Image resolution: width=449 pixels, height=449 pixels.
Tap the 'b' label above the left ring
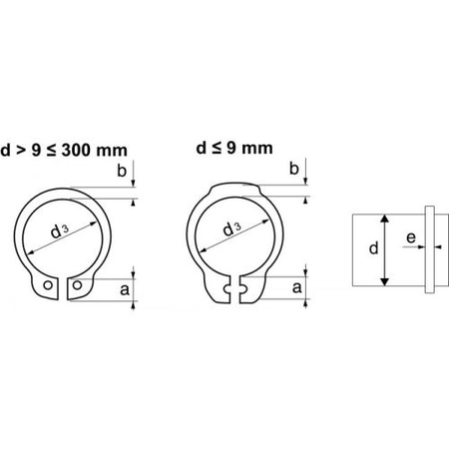[121, 173]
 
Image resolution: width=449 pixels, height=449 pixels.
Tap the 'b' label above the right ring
[293, 170]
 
